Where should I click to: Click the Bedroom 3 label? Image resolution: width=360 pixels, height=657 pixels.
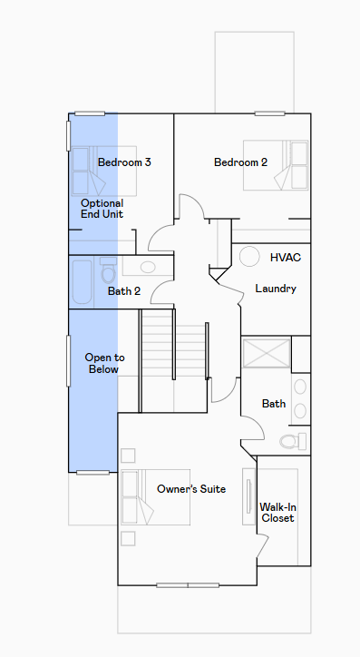pyautogui.click(x=124, y=162)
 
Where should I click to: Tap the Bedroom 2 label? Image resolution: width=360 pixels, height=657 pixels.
pyautogui.click(x=240, y=162)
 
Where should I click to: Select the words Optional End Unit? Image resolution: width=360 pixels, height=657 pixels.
pyautogui.click(x=102, y=209)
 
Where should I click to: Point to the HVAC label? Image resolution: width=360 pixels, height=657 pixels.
pyautogui.click(x=286, y=258)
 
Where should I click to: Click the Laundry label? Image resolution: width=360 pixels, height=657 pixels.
pyautogui.click(x=276, y=289)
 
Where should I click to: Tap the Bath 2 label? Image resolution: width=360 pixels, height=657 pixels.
pyautogui.click(x=124, y=290)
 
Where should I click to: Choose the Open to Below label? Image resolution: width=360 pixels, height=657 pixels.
pyautogui.click(x=104, y=363)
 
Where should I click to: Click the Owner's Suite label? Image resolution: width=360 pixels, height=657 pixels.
pyautogui.click(x=191, y=488)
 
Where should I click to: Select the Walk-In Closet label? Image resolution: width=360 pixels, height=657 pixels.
pyautogui.click(x=277, y=513)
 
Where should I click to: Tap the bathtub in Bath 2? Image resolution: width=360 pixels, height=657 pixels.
pyautogui.click(x=82, y=282)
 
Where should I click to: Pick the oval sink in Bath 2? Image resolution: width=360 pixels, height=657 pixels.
pyautogui.click(x=148, y=267)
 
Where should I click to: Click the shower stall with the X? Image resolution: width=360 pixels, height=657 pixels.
pyautogui.click(x=267, y=354)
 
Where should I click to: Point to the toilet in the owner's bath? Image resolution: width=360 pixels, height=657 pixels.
pyautogui.click(x=293, y=441)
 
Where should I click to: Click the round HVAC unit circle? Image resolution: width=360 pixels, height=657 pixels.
pyautogui.click(x=249, y=257)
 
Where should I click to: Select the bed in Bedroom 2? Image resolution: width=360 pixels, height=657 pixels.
pyautogui.click(x=276, y=165)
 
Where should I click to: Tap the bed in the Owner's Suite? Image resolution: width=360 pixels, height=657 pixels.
pyautogui.click(x=156, y=497)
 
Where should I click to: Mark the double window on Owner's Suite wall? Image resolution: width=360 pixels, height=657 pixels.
pyautogui.click(x=188, y=585)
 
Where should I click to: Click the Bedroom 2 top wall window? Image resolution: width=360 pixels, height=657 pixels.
pyautogui.click(x=270, y=113)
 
